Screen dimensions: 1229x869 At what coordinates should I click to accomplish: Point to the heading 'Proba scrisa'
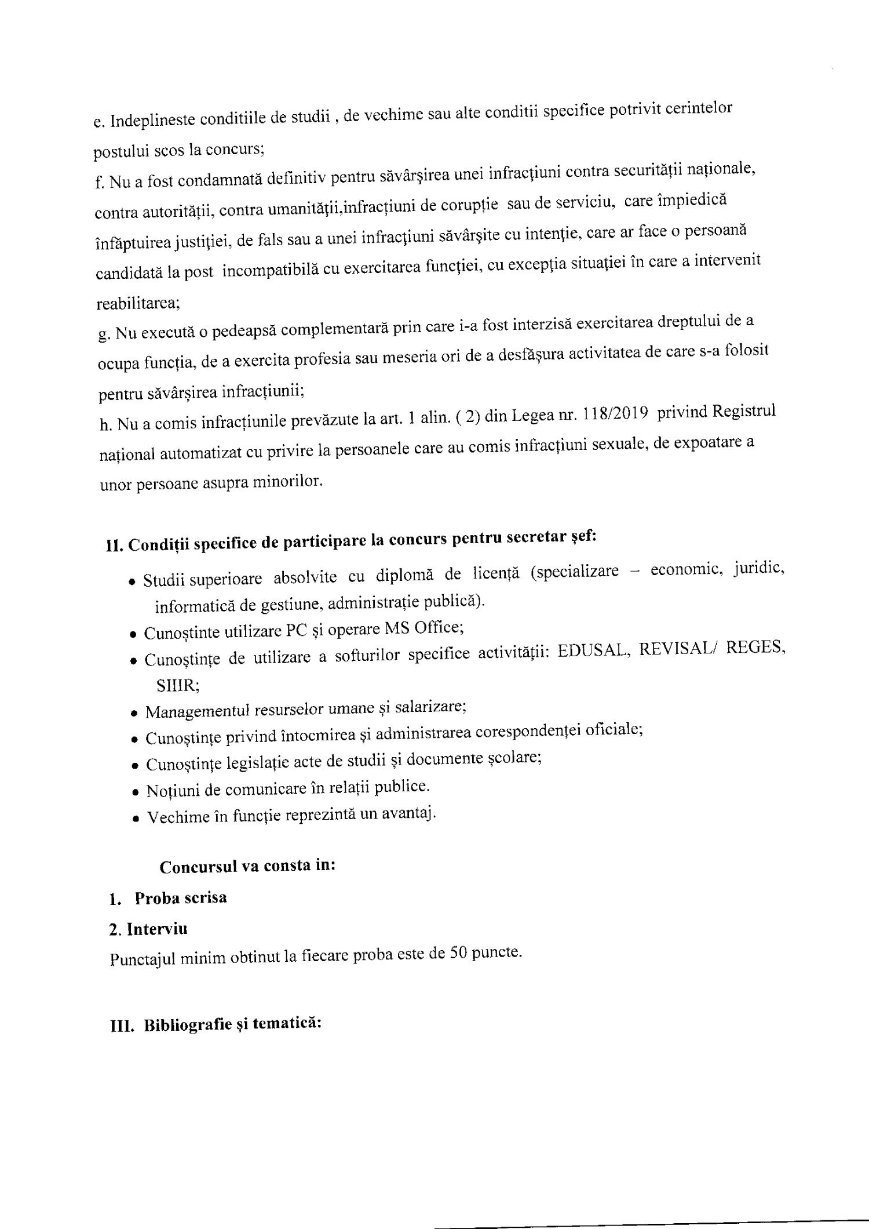click(x=180, y=899)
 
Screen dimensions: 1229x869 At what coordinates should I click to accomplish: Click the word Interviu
click(x=157, y=929)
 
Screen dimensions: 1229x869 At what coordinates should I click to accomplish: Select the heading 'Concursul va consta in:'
click(x=247, y=867)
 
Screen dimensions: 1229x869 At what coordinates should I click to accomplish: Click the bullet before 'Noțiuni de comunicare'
click(x=135, y=792)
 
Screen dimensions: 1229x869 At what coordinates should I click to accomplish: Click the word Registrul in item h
click(x=743, y=411)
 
